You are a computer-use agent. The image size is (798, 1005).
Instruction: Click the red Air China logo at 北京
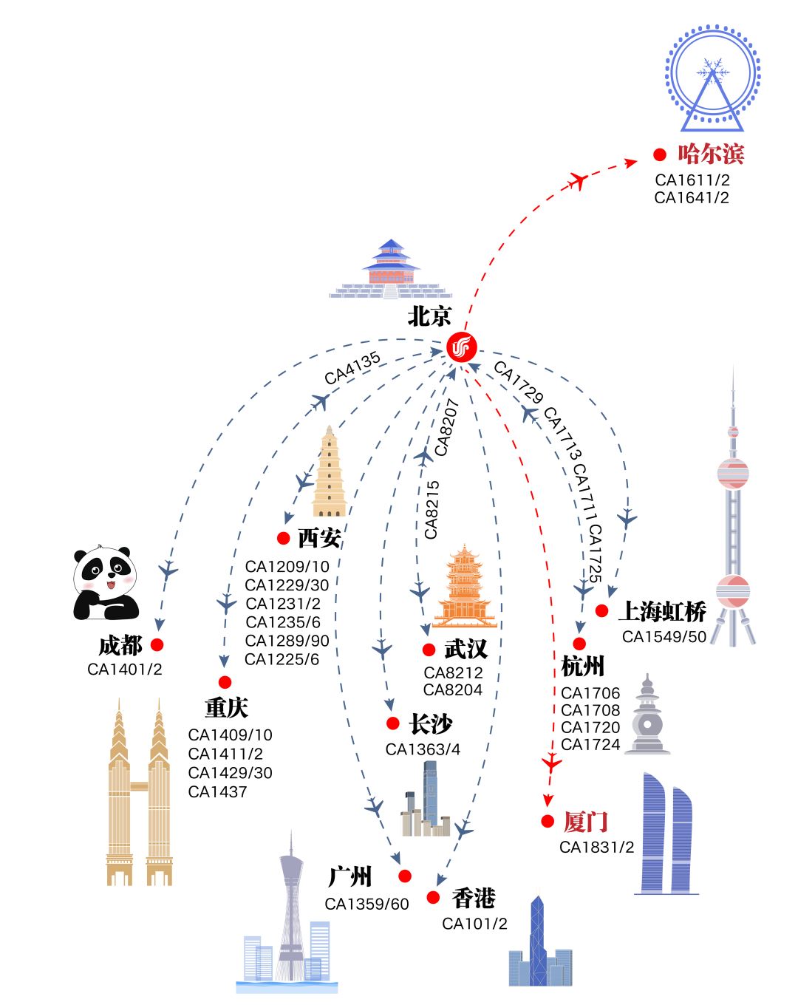461,347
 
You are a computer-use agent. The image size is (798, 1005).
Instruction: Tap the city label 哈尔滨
711,154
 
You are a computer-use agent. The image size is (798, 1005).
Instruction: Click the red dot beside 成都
157,645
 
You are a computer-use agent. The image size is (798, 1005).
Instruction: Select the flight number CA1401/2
125,670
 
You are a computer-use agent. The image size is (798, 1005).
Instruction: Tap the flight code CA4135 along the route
352,368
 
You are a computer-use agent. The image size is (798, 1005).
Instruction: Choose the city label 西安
319,538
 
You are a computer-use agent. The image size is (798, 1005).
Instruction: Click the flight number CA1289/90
287,641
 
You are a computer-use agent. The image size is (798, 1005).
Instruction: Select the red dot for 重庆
225,682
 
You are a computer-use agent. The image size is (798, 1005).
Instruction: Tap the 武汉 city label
466,649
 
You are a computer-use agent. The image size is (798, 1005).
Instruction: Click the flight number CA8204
452,689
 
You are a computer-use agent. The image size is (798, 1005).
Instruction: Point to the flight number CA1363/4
423,749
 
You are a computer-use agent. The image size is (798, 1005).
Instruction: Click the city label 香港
474,898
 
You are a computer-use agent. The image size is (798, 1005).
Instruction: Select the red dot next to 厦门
548,821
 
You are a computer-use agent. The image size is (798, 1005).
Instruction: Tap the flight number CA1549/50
664,636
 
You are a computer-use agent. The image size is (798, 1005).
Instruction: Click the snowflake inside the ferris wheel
713,71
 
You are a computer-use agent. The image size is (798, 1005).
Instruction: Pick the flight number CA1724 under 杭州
590,744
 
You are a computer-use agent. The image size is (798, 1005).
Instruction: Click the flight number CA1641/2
692,198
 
